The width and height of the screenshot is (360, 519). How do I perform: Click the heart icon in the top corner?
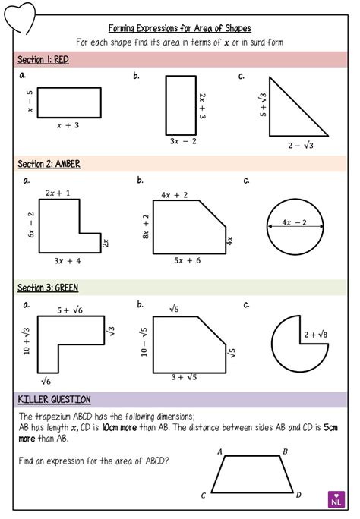point(17,14)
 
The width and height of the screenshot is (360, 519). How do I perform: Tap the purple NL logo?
point(336,499)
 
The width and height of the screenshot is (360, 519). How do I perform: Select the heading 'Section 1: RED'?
point(43,59)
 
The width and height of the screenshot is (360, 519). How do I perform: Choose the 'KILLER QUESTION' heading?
point(53,399)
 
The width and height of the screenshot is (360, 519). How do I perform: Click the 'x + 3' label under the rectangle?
point(68,126)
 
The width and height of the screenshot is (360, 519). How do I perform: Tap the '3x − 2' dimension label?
point(183,141)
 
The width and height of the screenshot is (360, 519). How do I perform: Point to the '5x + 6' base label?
point(188,260)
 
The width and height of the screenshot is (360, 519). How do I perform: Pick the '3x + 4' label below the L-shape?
point(68,260)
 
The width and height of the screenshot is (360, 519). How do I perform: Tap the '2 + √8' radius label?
point(314,334)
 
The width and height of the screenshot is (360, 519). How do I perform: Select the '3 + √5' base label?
point(184,376)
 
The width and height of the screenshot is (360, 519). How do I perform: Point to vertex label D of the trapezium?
point(298,495)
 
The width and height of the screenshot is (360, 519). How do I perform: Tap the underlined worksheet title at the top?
point(180,27)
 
